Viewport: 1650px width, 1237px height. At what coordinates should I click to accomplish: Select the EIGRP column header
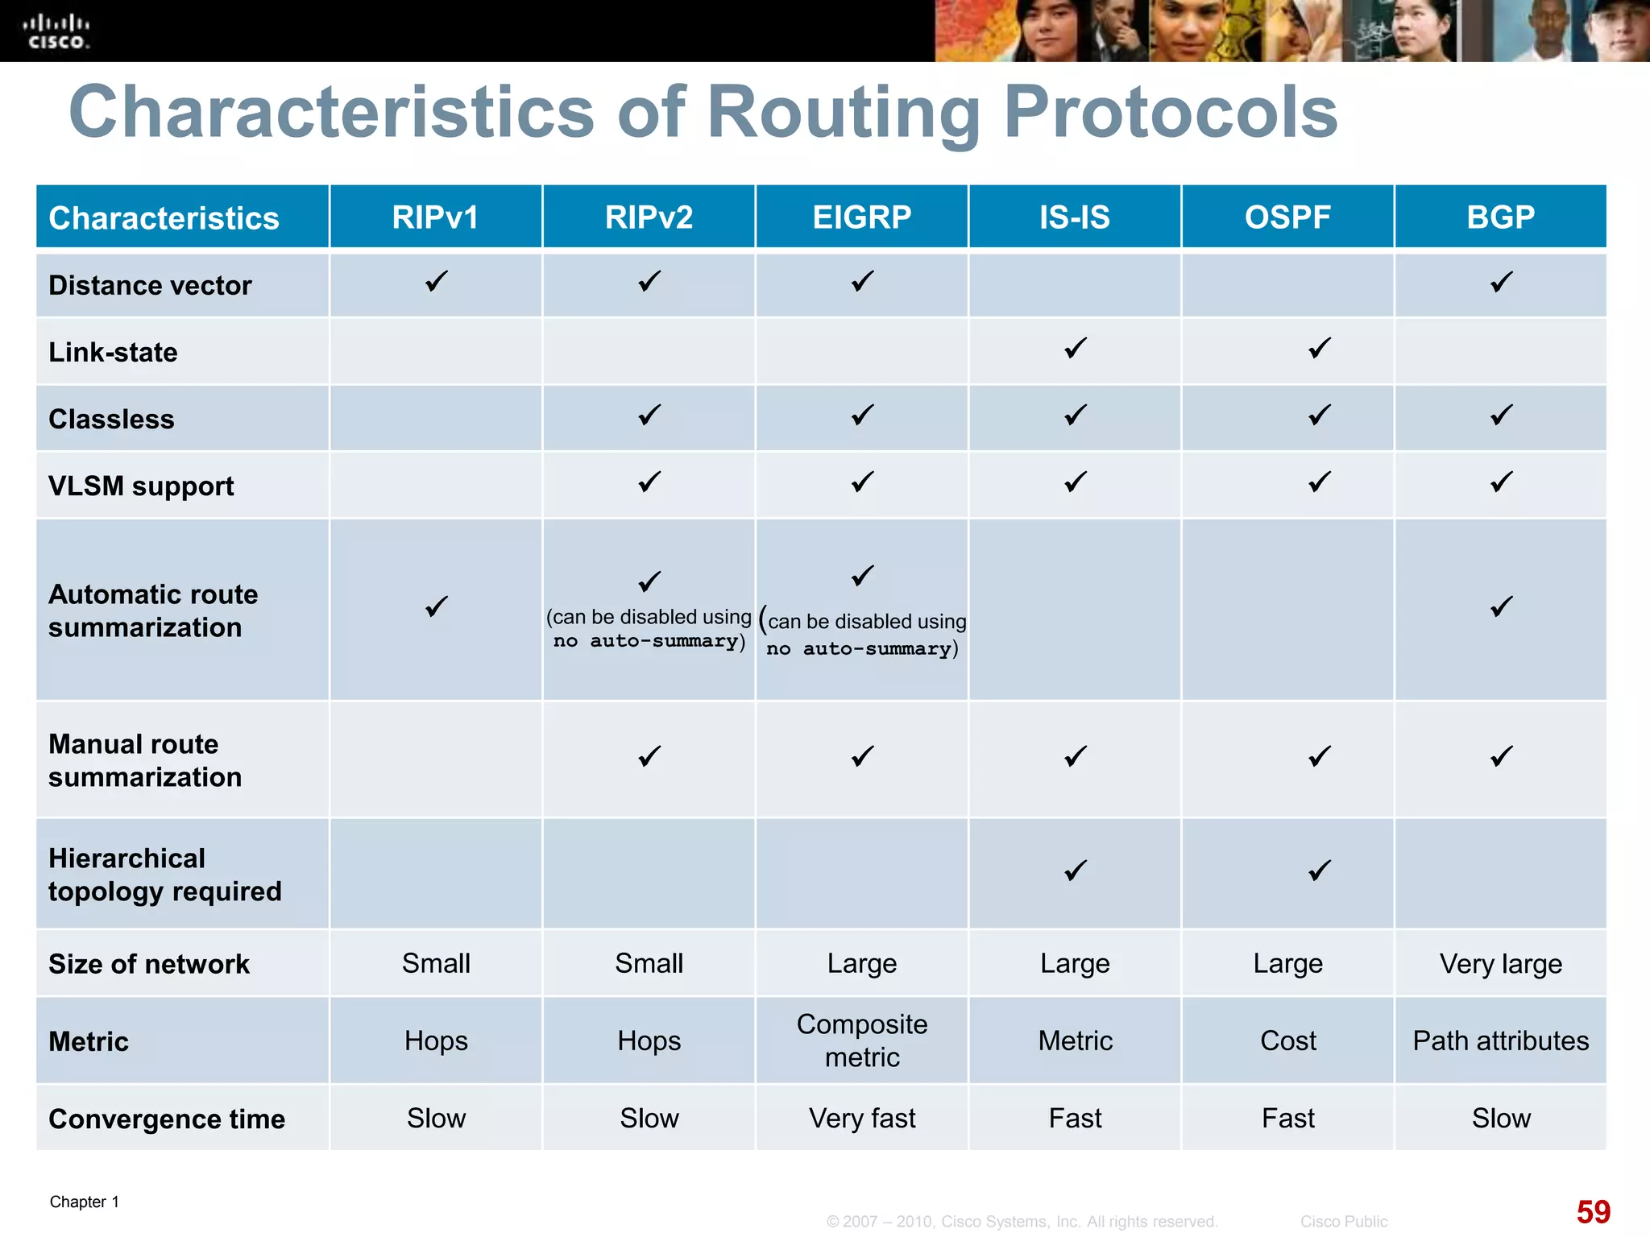[861, 217]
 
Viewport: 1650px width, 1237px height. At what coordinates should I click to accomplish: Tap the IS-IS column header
[1074, 217]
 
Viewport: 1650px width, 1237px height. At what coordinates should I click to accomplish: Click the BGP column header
[1500, 217]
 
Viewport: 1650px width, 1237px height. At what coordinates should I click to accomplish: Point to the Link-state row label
[113, 352]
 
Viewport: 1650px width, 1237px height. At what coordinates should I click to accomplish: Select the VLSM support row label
[141, 486]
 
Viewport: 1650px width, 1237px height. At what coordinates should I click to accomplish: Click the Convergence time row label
[166, 1119]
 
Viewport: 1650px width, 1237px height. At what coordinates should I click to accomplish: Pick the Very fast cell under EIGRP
[861, 1118]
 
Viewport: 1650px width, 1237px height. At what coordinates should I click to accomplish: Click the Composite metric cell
[861, 1040]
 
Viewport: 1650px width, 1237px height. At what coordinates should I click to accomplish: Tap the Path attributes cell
[1500, 1040]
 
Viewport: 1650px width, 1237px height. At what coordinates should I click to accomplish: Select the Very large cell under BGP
[1500, 964]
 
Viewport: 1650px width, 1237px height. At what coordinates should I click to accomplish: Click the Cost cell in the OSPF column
[1287, 1040]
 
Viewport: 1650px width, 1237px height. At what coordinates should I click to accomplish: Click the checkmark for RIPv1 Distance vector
[436, 282]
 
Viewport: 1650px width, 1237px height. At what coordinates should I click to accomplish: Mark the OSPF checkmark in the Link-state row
[1319, 348]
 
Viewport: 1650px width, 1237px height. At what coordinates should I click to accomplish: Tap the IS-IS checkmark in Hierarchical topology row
[1075, 871]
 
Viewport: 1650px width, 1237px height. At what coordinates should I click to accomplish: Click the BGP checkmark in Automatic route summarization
[1501, 606]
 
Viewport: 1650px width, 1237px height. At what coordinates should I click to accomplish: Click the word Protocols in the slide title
[1170, 113]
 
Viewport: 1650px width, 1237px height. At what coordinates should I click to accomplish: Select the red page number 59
[1593, 1211]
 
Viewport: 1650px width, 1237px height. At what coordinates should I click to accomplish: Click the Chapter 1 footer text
[84, 1202]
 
